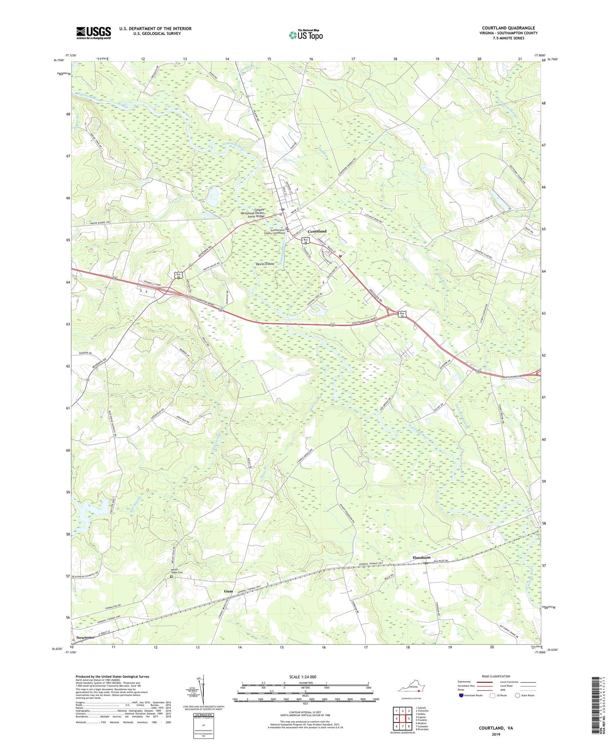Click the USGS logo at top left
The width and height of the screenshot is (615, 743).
tap(93, 33)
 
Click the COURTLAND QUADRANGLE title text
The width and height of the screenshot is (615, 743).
tap(508, 28)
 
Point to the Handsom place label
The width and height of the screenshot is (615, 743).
tap(421, 557)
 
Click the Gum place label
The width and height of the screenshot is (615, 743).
tap(228, 591)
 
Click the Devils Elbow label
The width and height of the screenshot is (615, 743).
tap(264, 264)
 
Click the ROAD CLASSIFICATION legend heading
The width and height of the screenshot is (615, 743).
tap(496, 676)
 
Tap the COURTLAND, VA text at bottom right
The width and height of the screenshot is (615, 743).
tap(496, 728)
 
